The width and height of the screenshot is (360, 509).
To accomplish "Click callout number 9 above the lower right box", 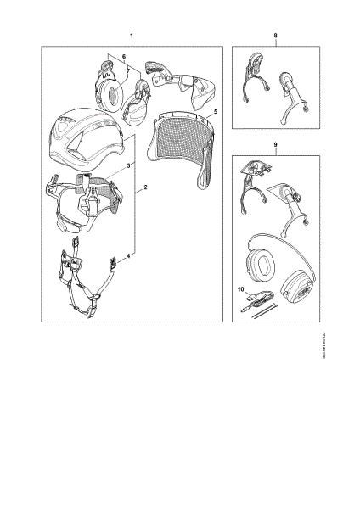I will coord(276,144).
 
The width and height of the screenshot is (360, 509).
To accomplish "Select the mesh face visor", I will coord(179,148).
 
